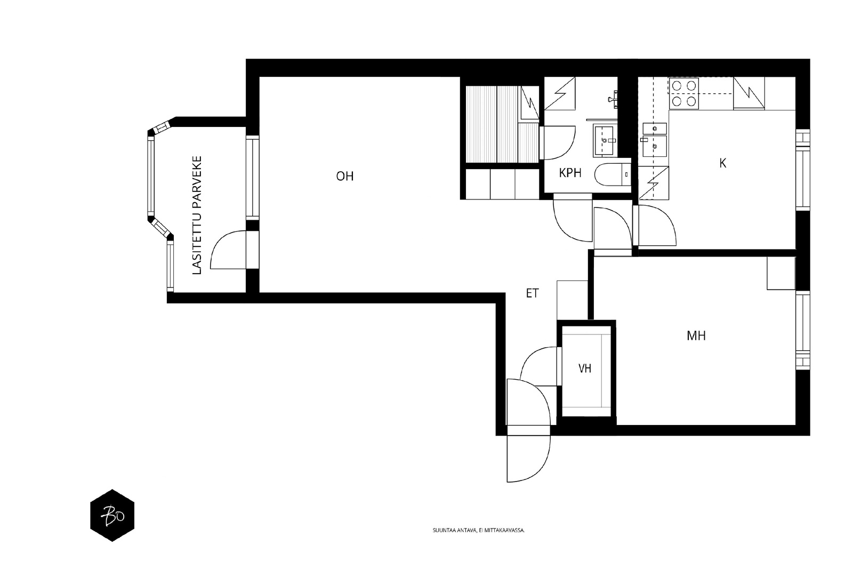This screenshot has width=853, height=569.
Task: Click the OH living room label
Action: (x=344, y=176)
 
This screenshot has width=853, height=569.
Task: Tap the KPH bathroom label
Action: (x=570, y=173)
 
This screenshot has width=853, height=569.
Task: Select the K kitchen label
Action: (x=723, y=163)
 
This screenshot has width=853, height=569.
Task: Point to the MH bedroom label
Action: (x=696, y=335)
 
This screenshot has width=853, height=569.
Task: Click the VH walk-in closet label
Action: (x=585, y=368)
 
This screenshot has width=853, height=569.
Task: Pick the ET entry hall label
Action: (x=533, y=293)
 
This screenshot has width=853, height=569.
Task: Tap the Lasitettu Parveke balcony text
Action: (x=197, y=215)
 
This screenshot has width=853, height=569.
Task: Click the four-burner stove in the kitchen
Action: (x=684, y=93)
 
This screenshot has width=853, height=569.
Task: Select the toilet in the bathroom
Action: (x=613, y=174)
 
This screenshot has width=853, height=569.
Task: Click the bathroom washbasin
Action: (x=605, y=141)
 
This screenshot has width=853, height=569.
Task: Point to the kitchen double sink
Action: (x=655, y=139)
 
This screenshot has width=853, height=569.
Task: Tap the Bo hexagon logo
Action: (x=112, y=515)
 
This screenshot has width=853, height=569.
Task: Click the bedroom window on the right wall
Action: (x=803, y=330)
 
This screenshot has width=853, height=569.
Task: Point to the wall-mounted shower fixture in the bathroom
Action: (x=613, y=99)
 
